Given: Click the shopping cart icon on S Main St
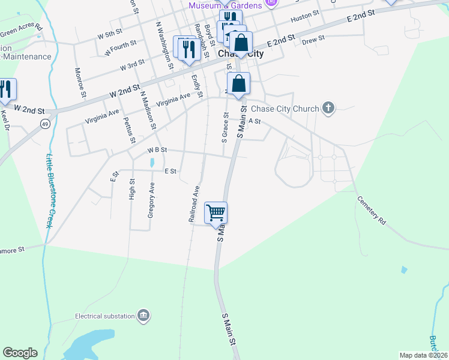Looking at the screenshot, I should tap(215, 212).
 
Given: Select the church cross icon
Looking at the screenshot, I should tap(328, 109).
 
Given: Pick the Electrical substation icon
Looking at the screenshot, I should tap(143, 316).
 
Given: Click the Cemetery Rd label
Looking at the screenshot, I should tap(370, 211).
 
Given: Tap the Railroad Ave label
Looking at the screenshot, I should tap(193, 205).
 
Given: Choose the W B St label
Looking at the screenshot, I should tap(157, 149).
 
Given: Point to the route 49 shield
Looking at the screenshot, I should tap(44, 124).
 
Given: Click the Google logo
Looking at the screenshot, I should tap(20, 353).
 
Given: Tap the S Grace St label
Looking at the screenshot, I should tap(225, 128).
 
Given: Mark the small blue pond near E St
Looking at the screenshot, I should tap(152, 162).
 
